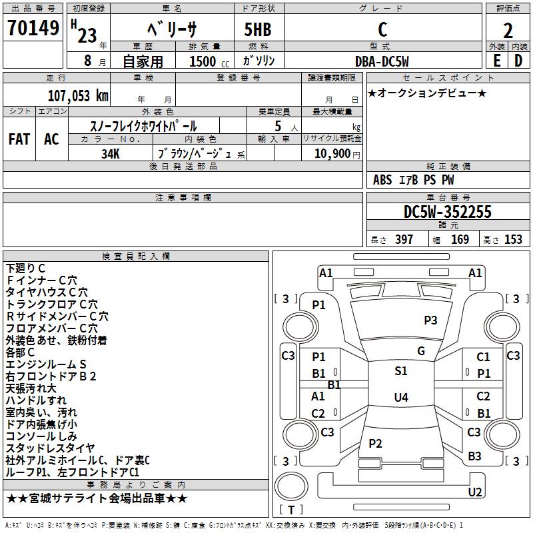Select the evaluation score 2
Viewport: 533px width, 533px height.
click(x=508, y=30)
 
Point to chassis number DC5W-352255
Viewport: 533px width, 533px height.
click(x=448, y=212)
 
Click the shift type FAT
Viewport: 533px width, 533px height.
click(x=19, y=139)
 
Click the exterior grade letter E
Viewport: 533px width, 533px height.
click(x=496, y=61)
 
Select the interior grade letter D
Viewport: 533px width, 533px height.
click(x=518, y=61)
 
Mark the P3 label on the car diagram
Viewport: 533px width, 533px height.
click(x=431, y=320)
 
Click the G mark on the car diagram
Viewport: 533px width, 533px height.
click(x=421, y=351)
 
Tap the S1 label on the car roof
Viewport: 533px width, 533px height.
click(x=400, y=371)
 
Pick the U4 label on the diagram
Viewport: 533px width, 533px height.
click(x=400, y=398)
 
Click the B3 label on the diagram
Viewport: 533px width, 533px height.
click(x=474, y=456)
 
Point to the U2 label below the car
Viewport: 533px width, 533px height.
click(x=475, y=492)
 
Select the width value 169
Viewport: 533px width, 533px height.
click(x=460, y=240)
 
